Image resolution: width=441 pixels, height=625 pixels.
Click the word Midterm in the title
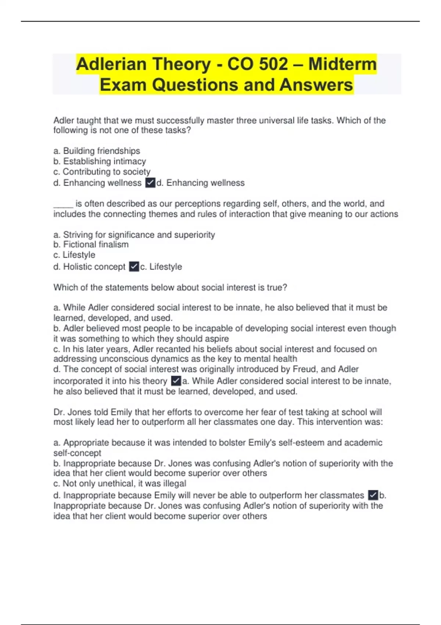click(x=342, y=64)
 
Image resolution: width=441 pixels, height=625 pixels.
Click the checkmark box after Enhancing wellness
click(x=150, y=183)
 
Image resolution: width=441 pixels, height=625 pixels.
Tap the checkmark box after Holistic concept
click(x=134, y=267)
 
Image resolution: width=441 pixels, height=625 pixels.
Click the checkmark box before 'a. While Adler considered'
click(x=176, y=381)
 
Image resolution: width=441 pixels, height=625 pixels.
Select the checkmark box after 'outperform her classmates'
click(x=373, y=495)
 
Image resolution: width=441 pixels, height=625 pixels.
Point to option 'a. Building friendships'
click(x=97, y=151)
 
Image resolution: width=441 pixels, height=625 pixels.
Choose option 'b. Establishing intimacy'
click(x=100, y=161)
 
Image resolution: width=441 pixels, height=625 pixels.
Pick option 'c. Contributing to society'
click(x=102, y=172)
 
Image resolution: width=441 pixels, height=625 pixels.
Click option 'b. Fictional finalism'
click(x=91, y=244)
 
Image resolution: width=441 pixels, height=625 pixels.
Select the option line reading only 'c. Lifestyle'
click(x=74, y=255)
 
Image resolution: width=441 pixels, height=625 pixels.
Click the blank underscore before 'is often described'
click(x=63, y=204)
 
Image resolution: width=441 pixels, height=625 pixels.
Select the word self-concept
click(x=77, y=453)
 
